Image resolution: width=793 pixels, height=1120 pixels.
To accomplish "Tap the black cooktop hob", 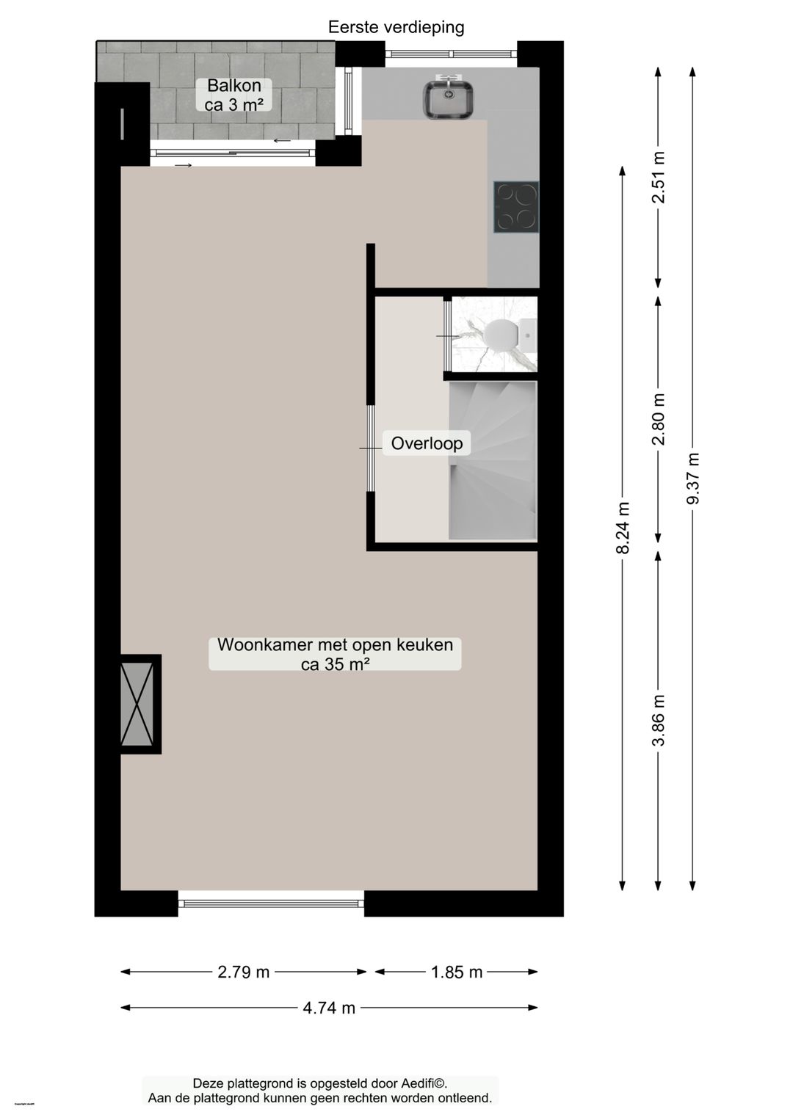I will (516, 207).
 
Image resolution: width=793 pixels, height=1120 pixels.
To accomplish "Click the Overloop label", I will (427, 443).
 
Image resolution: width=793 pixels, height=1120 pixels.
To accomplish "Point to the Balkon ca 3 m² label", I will (234, 95).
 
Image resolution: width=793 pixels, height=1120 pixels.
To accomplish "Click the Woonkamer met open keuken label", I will (335, 654).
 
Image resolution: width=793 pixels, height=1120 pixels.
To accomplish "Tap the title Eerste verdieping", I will (396, 27).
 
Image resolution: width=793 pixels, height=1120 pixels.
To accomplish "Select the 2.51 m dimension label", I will (659, 177).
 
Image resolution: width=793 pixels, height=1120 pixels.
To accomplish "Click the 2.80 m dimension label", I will (659, 419).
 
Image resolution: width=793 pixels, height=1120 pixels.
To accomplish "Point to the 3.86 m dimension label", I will (659, 720).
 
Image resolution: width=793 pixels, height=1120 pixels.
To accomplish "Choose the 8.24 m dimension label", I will (623, 528).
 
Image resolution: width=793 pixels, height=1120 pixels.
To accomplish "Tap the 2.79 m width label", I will (244, 972).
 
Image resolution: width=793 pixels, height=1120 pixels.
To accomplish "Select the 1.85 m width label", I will (457, 972).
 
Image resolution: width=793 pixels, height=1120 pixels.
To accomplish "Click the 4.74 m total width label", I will (329, 1008).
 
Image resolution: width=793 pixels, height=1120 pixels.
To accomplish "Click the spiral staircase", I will (492, 460).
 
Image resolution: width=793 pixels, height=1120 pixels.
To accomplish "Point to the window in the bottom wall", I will (271, 903).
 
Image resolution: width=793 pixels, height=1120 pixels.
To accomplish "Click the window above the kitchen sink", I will (451, 53).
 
